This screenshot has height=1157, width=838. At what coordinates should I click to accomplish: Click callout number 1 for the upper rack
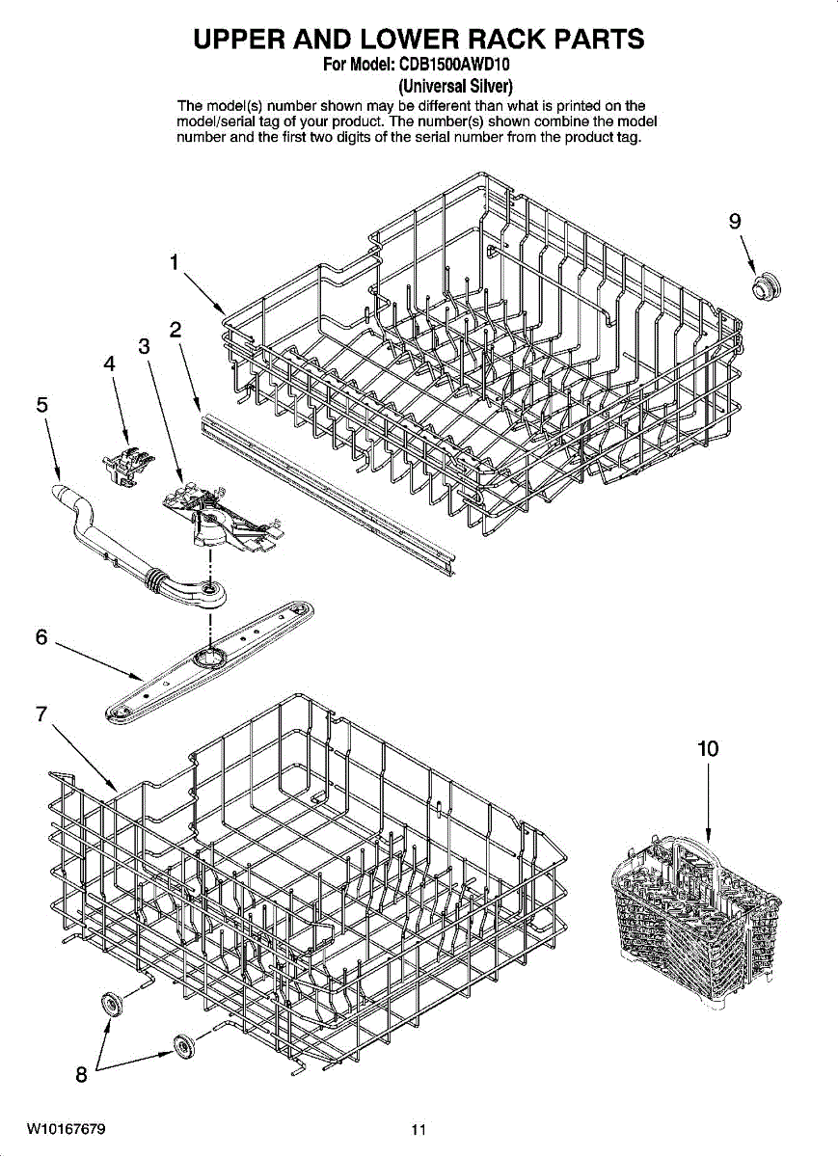[x=175, y=262]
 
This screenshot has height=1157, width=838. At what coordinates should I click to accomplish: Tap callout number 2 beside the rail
[x=176, y=330]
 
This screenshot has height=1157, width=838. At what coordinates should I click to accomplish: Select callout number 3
[x=144, y=347]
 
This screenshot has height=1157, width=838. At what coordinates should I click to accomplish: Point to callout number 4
[x=110, y=364]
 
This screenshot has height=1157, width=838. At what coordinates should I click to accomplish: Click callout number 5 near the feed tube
[x=42, y=406]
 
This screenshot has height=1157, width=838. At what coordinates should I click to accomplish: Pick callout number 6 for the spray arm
[x=41, y=637]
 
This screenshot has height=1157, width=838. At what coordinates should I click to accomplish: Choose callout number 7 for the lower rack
[x=41, y=714]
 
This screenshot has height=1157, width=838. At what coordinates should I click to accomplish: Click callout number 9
[x=735, y=222]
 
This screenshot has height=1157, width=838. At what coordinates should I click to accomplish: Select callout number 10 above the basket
[x=708, y=748]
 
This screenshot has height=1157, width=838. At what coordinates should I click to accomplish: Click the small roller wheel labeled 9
[x=769, y=285]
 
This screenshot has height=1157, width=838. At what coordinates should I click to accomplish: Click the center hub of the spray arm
[x=206, y=658]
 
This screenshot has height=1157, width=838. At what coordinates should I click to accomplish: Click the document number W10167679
[x=67, y=1129]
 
